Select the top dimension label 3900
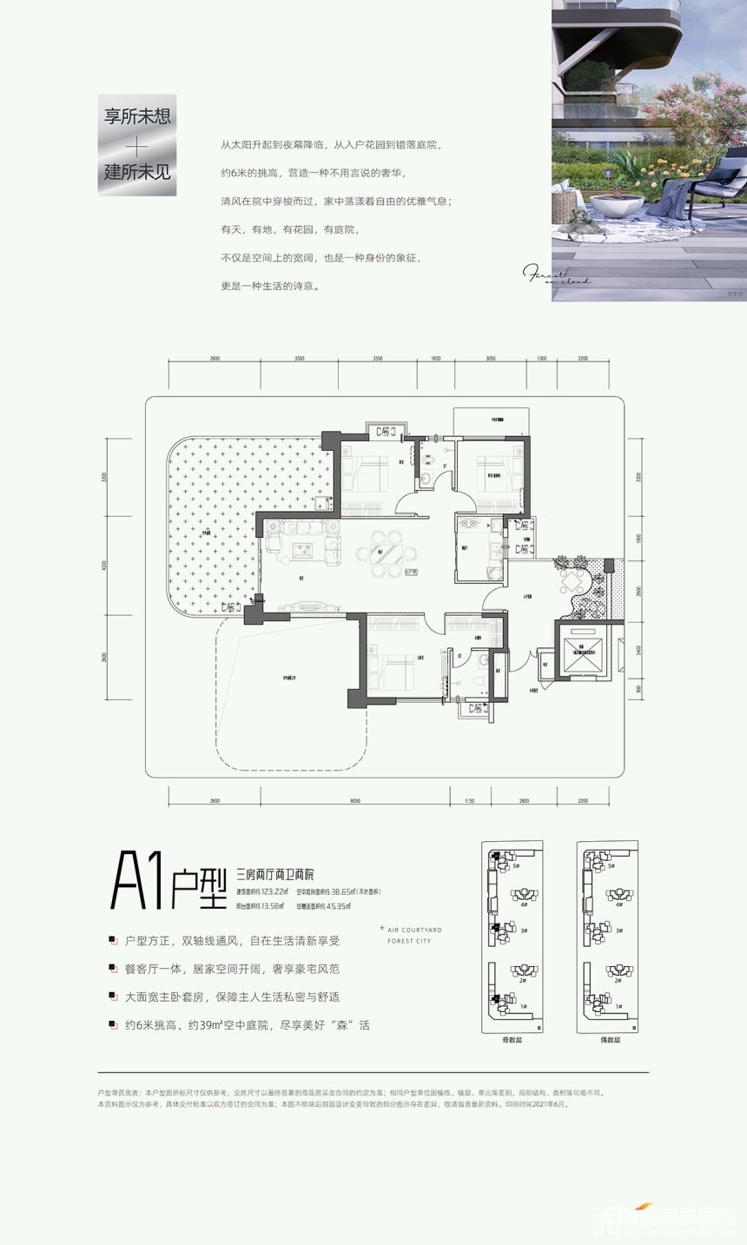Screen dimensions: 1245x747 click(215, 358)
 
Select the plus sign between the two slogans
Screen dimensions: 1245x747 click(136, 144)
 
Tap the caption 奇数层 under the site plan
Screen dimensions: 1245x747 click(512, 1040)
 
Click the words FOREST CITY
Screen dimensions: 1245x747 click(409, 941)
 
